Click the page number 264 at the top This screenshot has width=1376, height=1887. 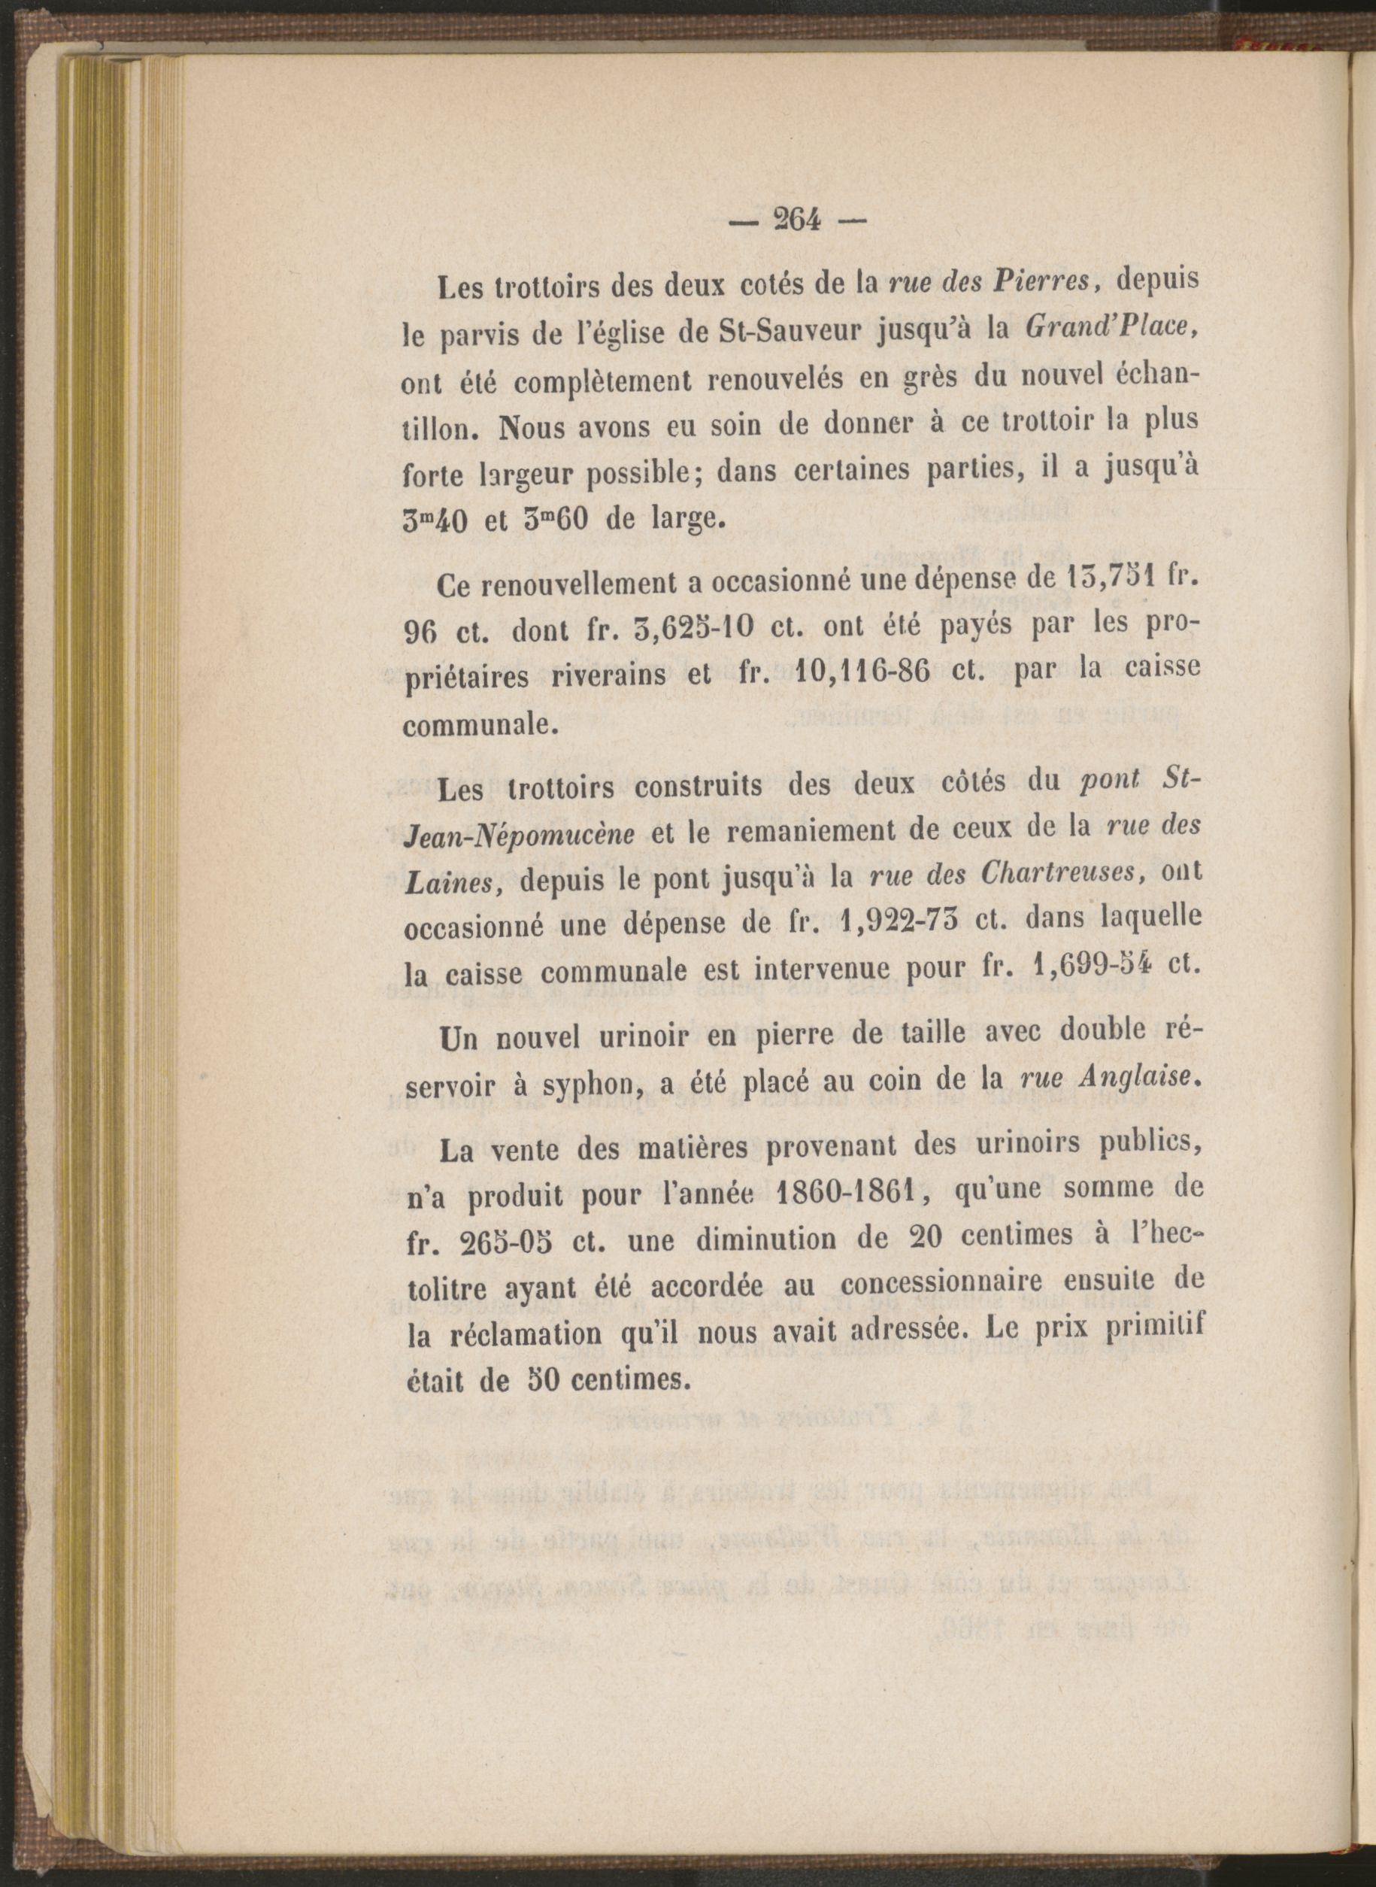coord(797,221)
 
